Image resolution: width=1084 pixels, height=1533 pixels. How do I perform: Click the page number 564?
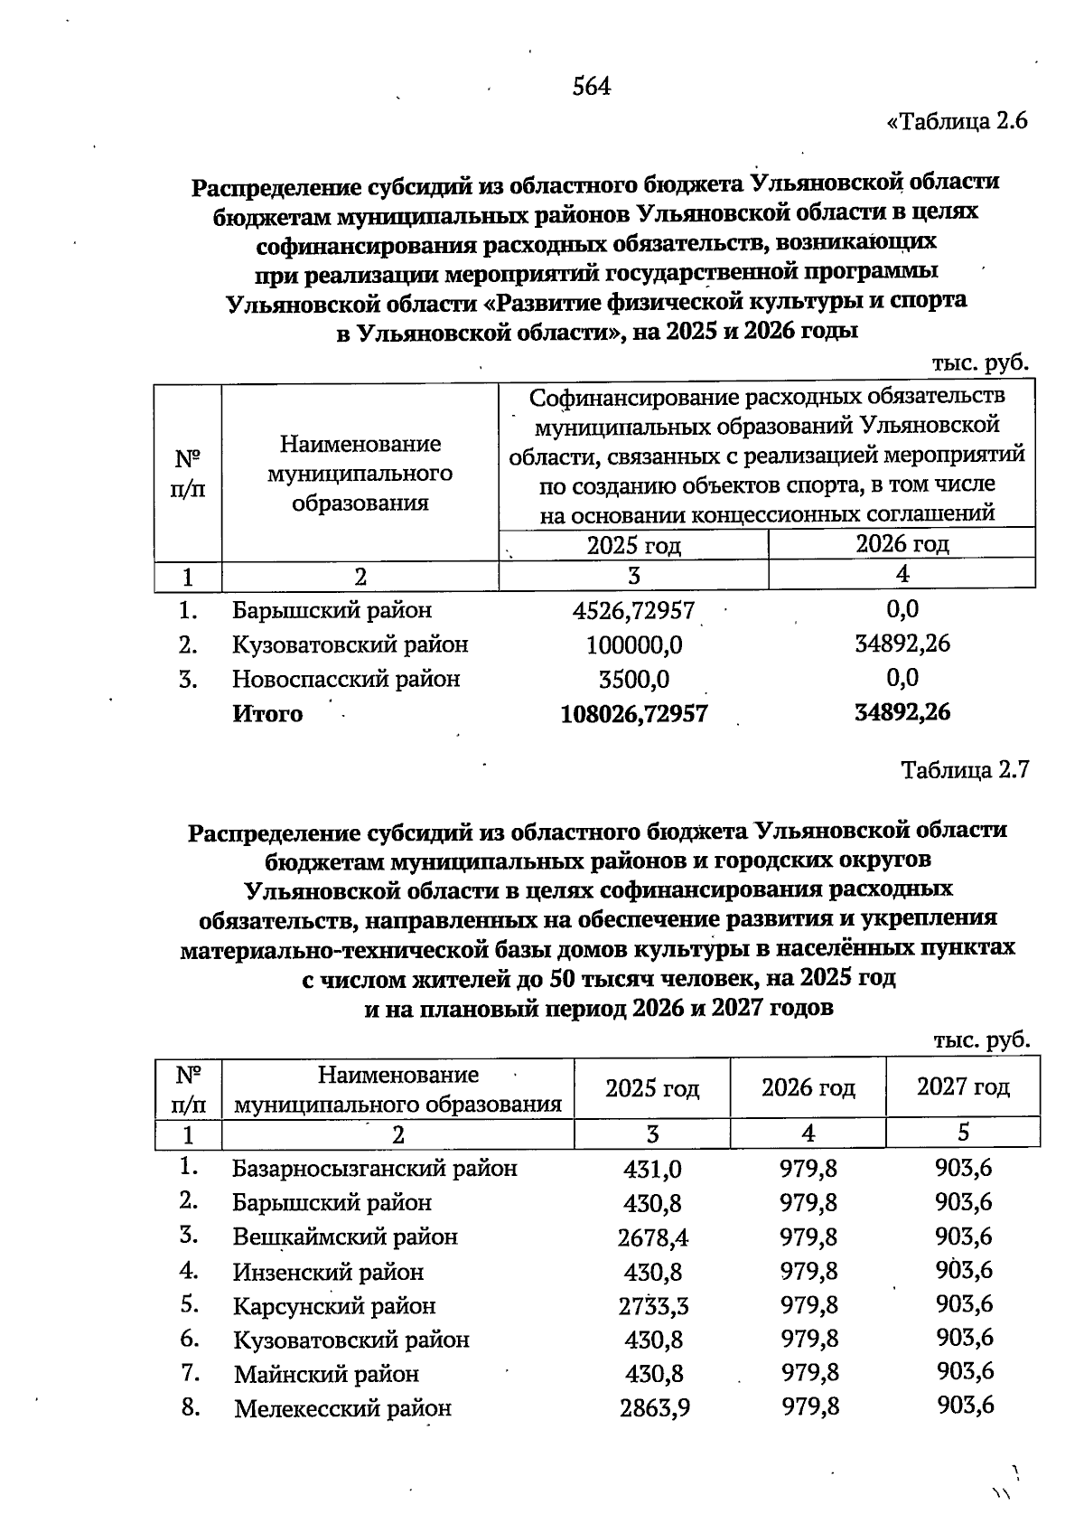[x=592, y=87]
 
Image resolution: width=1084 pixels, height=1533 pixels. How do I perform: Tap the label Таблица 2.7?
[x=965, y=770]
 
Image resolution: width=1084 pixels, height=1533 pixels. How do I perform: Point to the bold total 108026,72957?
[x=633, y=714]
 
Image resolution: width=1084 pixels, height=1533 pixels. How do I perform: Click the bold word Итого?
[x=267, y=714]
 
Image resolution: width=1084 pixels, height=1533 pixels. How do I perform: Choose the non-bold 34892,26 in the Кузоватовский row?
[x=902, y=644]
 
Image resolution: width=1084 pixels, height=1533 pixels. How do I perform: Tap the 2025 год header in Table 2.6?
[x=633, y=545]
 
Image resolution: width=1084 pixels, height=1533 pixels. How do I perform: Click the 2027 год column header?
[x=963, y=1087]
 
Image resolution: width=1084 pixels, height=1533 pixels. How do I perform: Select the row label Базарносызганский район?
[x=375, y=1169]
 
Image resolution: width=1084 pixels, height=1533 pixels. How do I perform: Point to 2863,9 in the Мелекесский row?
[x=654, y=1408]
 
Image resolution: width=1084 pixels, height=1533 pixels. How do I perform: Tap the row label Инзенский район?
[x=328, y=1273]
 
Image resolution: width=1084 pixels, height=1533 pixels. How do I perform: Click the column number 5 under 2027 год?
[x=963, y=1133]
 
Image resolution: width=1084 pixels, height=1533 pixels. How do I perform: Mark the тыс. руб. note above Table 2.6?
[x=980, y=362]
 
